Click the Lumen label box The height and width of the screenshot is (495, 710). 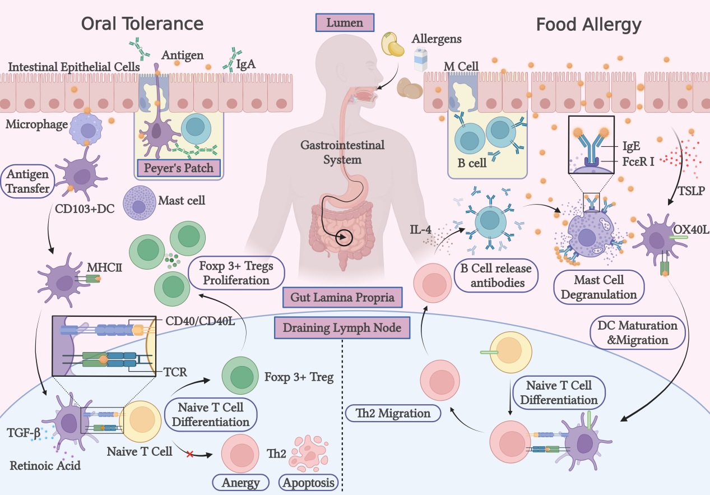click(345, 22)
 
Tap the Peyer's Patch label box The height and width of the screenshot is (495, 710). click(179, 168)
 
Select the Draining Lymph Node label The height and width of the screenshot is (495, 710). click(342, 327)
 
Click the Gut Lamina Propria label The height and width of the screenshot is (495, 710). click(342, 298)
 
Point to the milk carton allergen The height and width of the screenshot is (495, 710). click(421, 59)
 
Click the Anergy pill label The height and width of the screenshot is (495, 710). click(240, 483)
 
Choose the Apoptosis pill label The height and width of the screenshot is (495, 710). click(308, 483)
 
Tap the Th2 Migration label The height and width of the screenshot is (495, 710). click(393, 413)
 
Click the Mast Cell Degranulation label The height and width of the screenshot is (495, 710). click(598, 287)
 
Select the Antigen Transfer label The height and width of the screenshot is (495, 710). click(27, 182)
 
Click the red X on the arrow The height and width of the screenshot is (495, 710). click(190, 454)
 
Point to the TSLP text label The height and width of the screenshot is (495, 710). click(692, 191)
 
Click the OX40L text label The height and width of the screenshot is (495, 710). click(691, 230)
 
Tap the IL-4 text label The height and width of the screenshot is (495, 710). click(421, 230)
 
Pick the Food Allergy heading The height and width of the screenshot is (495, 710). click(588, 25)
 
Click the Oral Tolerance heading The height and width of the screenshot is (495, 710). click(142, 24)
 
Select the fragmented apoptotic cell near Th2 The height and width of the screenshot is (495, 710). click(308, 453)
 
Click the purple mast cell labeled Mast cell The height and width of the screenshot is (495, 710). click(139, 203)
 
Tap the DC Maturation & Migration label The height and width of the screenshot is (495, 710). click(637, 332)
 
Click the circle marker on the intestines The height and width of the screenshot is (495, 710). click(344, 237)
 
